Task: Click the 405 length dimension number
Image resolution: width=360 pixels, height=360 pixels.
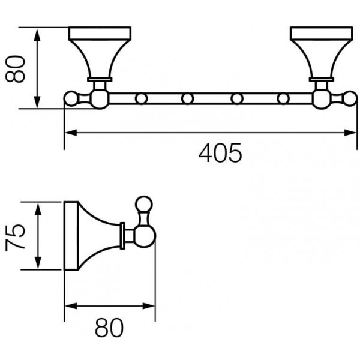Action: (x=220, y=153)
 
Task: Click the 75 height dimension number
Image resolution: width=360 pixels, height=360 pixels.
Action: (x=15, y=236)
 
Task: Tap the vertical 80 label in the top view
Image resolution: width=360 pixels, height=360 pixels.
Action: (x=15, y=69)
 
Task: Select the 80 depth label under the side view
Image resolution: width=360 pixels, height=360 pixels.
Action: (x=109, y=328)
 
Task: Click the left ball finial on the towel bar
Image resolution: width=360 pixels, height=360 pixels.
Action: (x=71, y=99)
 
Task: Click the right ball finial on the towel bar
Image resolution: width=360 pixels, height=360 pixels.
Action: (x=350, y=99)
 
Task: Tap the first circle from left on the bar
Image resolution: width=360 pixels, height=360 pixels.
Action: (x=141, y=99)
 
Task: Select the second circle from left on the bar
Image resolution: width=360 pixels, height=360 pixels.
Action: (x=187, y=99)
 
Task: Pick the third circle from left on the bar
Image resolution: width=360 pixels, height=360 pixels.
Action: (x=237, y=99)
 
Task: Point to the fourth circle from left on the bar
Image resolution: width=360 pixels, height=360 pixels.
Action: (x=283, y=99)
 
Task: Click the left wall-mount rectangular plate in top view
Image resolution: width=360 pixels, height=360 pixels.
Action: (x=100, y=33)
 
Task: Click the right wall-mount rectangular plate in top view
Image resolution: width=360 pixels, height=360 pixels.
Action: (x=322, y=33)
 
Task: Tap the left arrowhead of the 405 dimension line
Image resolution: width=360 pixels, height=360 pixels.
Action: (x=71, y=133)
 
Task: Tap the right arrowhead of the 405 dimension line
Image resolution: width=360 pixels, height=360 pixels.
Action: (x=350, y=133)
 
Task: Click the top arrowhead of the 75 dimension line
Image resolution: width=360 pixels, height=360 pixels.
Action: (x=38, y=208)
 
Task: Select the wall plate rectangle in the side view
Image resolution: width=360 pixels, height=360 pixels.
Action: (x=71, y=236)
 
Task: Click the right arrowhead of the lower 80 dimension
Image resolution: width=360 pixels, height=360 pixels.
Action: (x=149, y=306)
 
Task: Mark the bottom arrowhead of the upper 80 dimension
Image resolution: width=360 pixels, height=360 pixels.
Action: (x=37, y=102)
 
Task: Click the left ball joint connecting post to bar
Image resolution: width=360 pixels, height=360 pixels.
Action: (x=100, y=99)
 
